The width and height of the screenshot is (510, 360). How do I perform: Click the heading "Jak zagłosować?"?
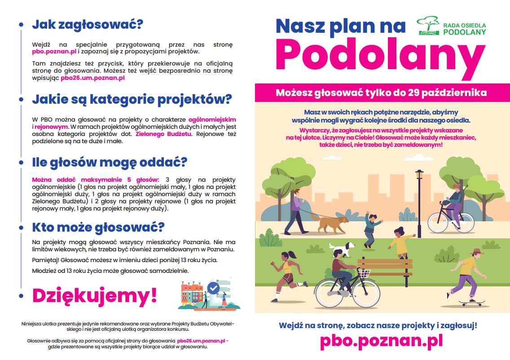point(87,25)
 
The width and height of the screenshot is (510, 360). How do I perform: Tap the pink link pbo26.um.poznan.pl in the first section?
point(92,78)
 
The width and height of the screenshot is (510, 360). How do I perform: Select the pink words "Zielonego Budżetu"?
point(163,134)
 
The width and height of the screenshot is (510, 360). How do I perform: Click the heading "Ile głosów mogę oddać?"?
point(109,162)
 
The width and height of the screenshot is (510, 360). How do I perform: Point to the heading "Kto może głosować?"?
point(98,226)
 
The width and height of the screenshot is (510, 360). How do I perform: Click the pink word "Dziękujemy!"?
point(95,295)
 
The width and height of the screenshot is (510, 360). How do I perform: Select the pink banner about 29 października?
point(381,93)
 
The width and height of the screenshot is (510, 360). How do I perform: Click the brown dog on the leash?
point(333,223)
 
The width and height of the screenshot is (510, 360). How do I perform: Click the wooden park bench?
point(385,268)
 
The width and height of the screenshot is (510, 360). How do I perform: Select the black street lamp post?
point(420,206)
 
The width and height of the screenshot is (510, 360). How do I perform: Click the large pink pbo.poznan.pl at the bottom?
point(381,341)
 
